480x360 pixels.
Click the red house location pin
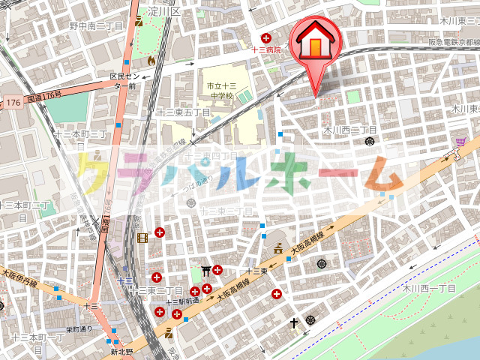[x=316, y=45]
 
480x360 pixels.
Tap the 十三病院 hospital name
[x=265, y=50]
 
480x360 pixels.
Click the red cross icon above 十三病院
[x=265, y=38]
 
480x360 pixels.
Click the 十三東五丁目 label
[x=183, y=112]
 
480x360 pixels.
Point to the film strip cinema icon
[x=143, y=238]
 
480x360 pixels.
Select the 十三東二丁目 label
[x=157, y=289]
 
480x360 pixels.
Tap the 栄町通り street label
[x=79, y=328]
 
